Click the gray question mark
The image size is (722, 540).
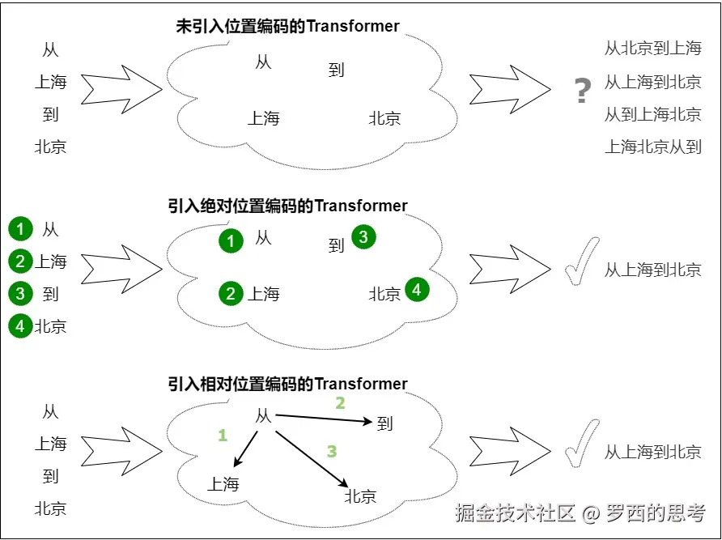coord(583,91)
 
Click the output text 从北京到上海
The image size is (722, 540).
coord(652,48)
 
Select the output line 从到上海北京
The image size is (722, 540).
coord(652,114)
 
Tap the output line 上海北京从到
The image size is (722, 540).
coord(652,147)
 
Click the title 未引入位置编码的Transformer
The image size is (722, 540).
coord(287,26)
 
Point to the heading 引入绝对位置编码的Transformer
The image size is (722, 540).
coord(287,206)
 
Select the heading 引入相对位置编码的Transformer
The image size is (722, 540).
coord(287,384)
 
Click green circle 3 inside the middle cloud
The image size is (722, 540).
coord(363,237)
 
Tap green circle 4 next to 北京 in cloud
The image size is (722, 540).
coord(417,289)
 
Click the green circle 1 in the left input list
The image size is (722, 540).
coord(20,229)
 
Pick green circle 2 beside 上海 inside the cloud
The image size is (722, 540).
coord(231,294)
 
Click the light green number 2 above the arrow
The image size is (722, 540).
coord(340,403)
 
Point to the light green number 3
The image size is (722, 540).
coord(332,451)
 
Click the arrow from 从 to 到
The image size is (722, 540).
coord(323,419)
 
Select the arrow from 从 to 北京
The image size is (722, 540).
coord(312,459)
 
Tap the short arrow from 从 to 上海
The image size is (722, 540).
coord(246,449)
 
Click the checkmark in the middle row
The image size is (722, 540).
coord(582,261)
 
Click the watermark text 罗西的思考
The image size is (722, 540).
coord(656,513)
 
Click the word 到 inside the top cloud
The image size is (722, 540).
coord(336,70)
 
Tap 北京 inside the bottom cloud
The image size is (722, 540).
coord(360,496)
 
